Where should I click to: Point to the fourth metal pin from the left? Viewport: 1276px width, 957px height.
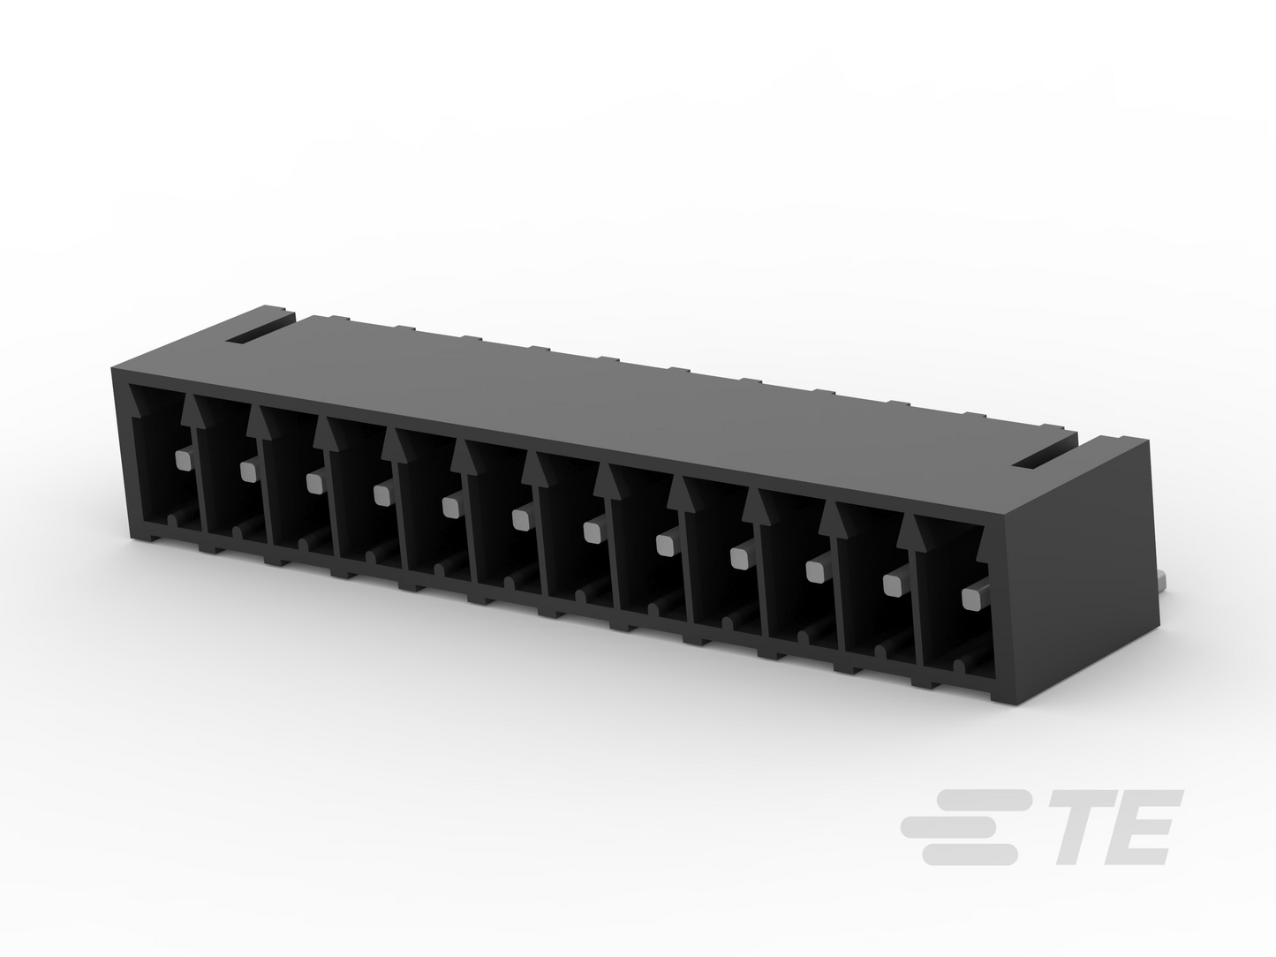click(x=382, y=495)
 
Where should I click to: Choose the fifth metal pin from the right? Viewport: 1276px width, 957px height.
click(x=666, y=545)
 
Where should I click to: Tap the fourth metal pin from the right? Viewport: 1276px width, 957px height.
click(x=740, y=558)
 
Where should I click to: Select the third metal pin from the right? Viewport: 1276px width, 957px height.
click(x=817, y=572)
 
